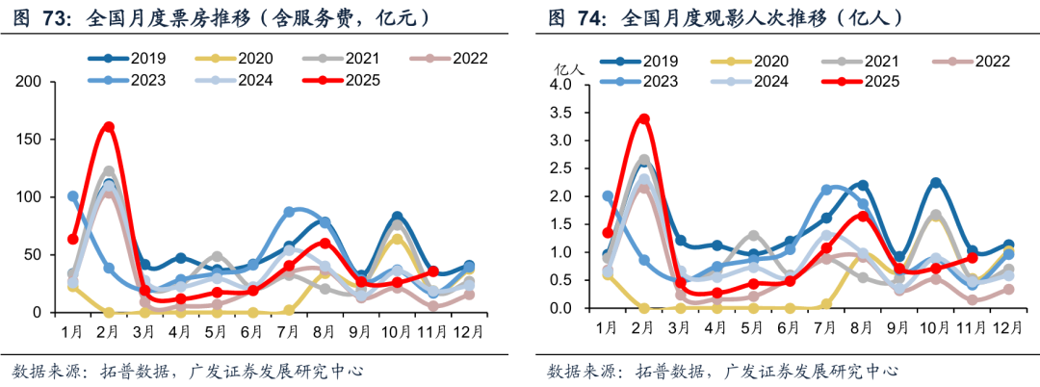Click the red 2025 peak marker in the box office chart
coord(109,127)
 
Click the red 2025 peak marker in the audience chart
coord(643,119)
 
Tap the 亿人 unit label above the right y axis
coord(569,69)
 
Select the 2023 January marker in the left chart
coord(73,196)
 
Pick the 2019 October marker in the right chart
coord(935,183)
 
